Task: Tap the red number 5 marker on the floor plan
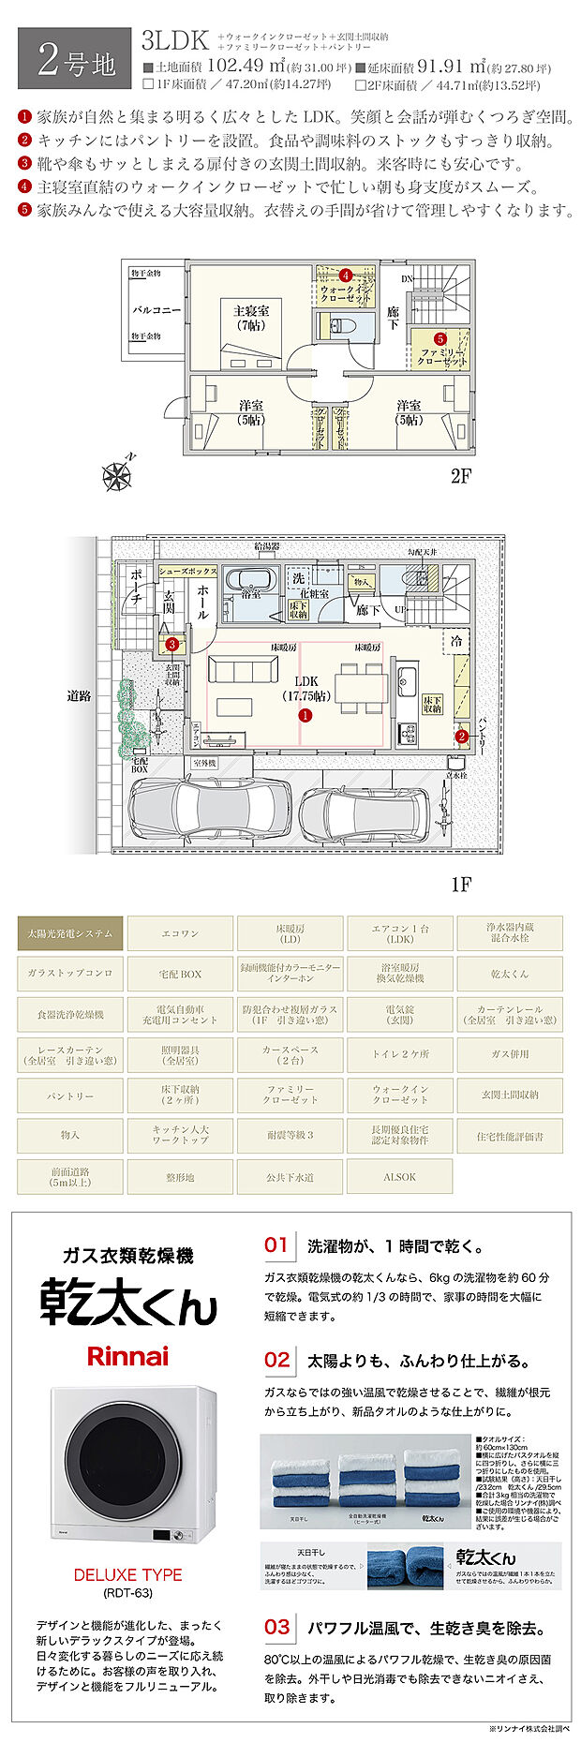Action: [440, 338]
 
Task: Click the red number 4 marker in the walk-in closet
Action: [345, 275]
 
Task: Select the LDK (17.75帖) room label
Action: [305, 689]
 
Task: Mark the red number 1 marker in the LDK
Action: [305, 715]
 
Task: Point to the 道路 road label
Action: [79, 696]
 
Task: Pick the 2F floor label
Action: [460, 476]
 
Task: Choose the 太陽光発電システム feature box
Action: [69, 933]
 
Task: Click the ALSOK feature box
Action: [399, 1176]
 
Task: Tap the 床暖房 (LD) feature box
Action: [290, 933]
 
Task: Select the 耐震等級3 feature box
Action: [290, 1135]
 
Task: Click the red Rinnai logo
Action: [127, 1356]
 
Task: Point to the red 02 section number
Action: [277, 1360]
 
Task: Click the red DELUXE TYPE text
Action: [127, 1575]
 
